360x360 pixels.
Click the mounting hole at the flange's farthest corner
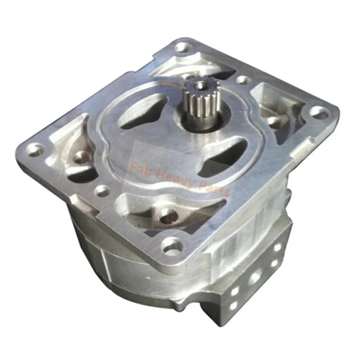click(x=182, y=46)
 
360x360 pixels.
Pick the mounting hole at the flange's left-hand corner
click(x=33, y=147)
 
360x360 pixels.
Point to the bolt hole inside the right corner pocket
click(x=273, y=121)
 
